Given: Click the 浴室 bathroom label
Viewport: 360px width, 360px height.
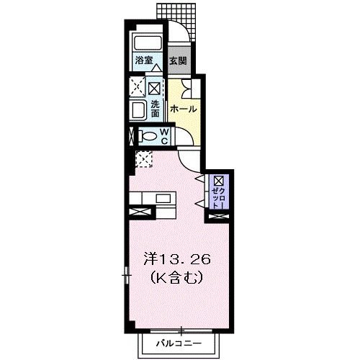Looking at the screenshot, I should [x=143, y=60].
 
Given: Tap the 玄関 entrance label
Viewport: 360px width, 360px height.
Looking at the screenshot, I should [x=177, y=61].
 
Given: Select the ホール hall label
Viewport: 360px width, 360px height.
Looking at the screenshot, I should [x=184, y=109].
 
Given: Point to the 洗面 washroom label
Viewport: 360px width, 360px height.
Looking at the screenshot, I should [x=155, y=107].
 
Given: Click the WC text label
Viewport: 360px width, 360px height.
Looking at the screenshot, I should [x=163, y=135].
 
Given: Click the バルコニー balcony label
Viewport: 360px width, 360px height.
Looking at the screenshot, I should [x=179, y=345].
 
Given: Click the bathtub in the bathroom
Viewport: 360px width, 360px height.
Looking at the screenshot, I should [x=148, y=42].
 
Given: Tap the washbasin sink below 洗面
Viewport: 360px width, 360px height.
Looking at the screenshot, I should [x=138, y=110].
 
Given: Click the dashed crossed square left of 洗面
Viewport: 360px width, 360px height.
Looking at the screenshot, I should [x=138, y=89].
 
